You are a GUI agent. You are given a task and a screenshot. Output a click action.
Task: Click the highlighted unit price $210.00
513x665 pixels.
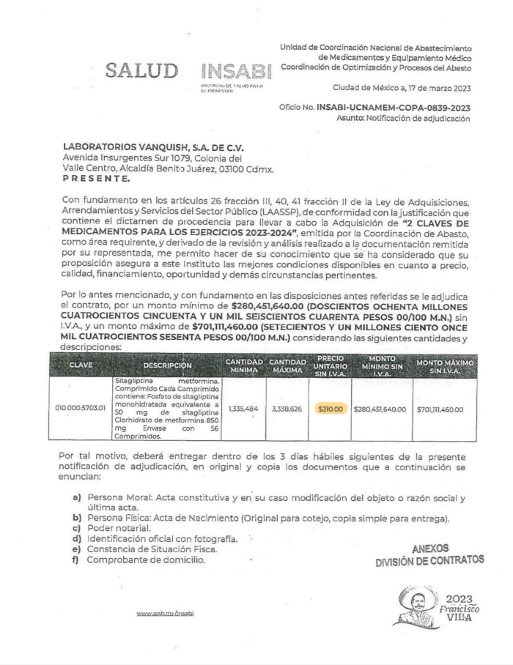pyautogui.click(x=331, y=409)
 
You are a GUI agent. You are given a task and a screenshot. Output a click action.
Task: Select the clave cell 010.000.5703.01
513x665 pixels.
pyautogui.click(x=81, y=409)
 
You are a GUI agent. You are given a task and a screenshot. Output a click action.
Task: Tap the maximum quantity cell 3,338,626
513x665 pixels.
pyautogui.click(x=287, y=409)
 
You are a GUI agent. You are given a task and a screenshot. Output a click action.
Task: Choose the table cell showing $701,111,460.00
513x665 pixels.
pyautogui.click(x=445, y=409)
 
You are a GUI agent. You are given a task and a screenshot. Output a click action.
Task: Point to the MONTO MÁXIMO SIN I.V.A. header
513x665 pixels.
pyautogui.click(x=445, y=365)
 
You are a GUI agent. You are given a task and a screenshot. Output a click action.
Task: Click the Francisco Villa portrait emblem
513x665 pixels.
pyautogui.click(x=416, y=605)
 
